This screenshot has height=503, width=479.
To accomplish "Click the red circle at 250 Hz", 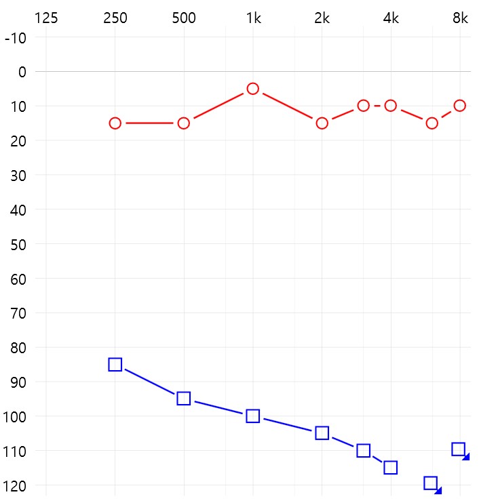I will (115, 123).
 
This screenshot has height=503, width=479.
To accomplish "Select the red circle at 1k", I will (253, 89).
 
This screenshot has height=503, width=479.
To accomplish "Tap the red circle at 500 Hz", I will (184, 123).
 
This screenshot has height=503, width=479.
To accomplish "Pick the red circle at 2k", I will (322, 123).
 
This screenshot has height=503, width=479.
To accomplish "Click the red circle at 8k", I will (460, 106).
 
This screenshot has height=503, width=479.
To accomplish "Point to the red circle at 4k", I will (391, 106).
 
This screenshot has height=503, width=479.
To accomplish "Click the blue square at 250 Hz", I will (115, 365).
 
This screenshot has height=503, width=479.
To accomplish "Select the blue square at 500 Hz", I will (184, 399).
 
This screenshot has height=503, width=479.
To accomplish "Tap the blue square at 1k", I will (253, 416).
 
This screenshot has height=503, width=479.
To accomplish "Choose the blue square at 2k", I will (322, 433).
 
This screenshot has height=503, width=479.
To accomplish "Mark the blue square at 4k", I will (391, 468).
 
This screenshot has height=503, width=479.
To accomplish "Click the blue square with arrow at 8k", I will (459, 449).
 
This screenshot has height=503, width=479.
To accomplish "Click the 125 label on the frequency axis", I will (46, 18).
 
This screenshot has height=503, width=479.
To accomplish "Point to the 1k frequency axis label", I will (253, 18).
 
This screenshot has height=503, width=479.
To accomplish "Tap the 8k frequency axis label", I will (460, 18).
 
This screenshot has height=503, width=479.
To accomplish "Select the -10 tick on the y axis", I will (15, 37).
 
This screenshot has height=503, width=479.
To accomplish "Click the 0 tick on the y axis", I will (22, 72).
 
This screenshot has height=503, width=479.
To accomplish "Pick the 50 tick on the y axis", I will (18, 244).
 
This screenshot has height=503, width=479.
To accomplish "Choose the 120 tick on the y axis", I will (15, 485).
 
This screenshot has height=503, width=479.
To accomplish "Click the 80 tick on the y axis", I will (18, 348).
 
